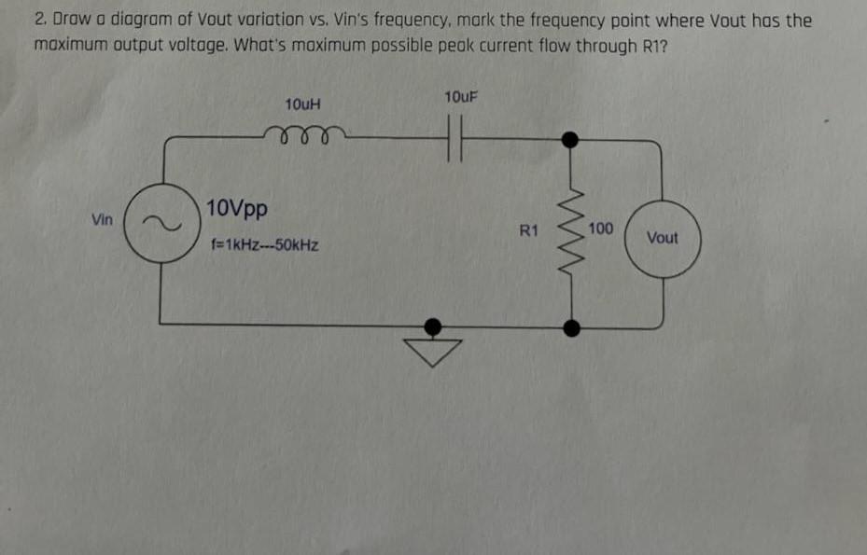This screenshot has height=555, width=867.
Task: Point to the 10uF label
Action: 461,97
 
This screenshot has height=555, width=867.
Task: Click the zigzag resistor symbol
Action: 567,233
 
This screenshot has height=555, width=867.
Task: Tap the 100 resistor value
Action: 601,229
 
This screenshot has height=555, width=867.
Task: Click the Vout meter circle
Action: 662,238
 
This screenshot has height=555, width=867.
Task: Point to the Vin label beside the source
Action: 103,220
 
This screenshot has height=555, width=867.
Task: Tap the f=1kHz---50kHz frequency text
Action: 265,247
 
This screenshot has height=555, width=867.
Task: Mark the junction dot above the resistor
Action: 568,140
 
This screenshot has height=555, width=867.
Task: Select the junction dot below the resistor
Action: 571,326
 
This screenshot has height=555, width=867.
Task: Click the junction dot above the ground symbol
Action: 432,326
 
